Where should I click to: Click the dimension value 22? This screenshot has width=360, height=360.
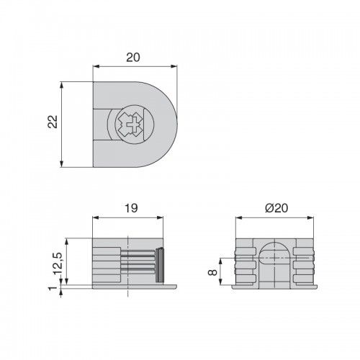point(53,122)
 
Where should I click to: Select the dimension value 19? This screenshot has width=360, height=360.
point(131,208)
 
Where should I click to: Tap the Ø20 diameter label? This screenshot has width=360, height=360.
point(276,208)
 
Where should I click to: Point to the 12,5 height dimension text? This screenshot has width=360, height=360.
point(58,264)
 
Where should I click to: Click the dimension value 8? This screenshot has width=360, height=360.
point(213,272)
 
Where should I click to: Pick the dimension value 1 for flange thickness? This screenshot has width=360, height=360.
point(53,288)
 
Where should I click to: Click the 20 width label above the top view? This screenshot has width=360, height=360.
point(133,58)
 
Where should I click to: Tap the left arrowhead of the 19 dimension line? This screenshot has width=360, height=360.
point(96,217)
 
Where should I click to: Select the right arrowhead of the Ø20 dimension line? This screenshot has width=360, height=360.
point(310,217)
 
